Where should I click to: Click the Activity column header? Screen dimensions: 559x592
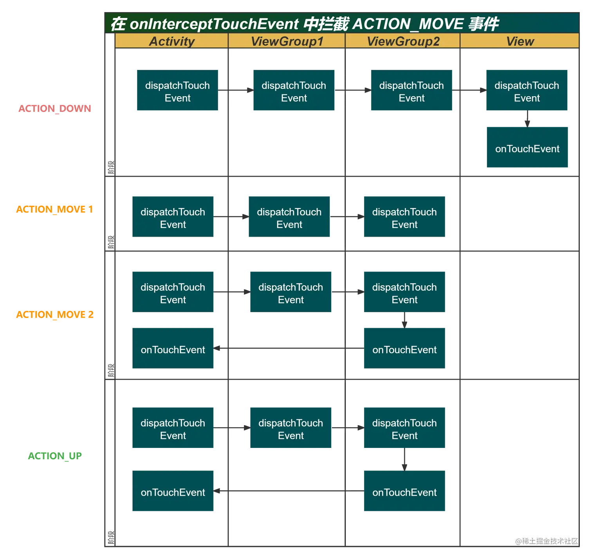(x=172, y=41)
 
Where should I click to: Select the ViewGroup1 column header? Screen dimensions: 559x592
(x=287, y=41)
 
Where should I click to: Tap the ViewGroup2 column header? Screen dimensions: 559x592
(x=403, y=41)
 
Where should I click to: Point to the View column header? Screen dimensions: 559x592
(x=520, y=41)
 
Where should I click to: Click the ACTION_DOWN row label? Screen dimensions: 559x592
(x=55, y=108)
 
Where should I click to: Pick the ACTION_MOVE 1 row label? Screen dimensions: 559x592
(x=55, y=210)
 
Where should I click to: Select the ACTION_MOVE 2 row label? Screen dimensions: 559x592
(x=55, y=315)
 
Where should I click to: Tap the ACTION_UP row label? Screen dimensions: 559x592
(x=55, y=456)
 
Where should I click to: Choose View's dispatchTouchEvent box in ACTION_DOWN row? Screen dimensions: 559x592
(x=527, y=91)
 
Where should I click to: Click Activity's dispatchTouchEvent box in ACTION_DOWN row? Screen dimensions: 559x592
(x=177, y=91)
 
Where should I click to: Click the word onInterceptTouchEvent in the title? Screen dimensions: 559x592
(x=214, y=24)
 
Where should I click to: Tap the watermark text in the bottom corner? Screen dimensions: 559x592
(x=546, y=540)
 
